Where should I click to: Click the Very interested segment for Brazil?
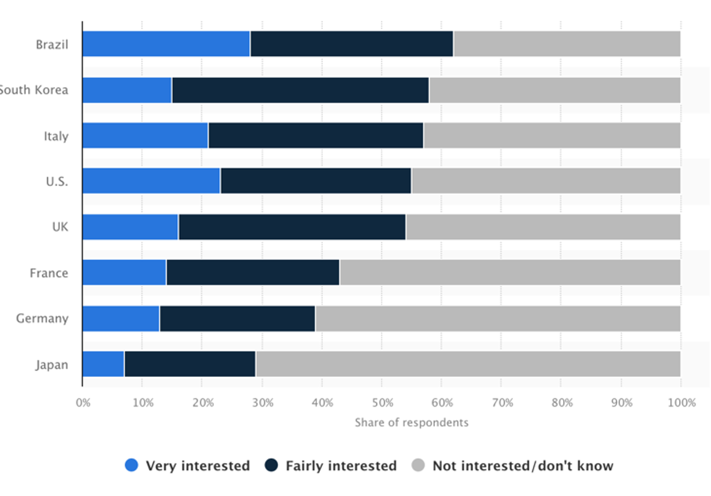click(166, 44)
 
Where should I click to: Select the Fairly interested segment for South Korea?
click(300, 90)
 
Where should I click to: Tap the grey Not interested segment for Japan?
click(468, 364)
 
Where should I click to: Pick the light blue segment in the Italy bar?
click(145, 136)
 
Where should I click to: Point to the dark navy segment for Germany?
click(237, 319)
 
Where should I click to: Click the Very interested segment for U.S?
click(151, 181)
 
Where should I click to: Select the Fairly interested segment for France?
click(253, 273)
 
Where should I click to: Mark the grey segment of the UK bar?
click(543, 227)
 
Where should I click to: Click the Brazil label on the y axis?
click(52, 44)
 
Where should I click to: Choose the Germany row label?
click(42, 319)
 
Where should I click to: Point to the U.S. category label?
click(57, 182)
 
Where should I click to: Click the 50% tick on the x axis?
click(381, 402)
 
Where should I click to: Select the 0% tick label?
click(83, 402)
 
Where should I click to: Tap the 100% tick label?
click(680, 402)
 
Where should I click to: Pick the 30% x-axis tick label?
click(262, 402)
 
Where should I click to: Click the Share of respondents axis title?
click(411, 423)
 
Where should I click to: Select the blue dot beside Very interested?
click(132, 465)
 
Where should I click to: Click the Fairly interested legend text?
click(341, 466)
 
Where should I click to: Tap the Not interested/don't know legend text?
click(523, 466)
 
